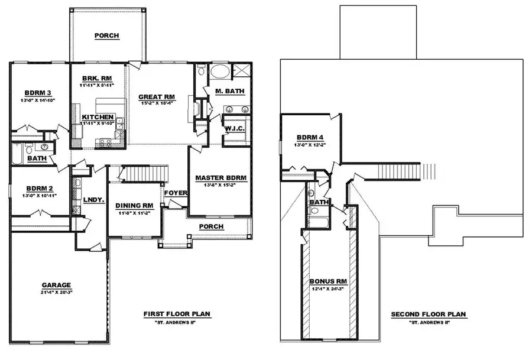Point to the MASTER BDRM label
point(220,177)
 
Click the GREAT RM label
point(157,96)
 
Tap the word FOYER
point(176,193)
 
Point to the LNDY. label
point(93,200)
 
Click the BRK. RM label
point(94,78)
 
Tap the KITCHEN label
point(98,117)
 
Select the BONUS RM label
point(327,281)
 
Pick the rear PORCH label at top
point(107,35)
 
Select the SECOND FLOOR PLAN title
point(428,314)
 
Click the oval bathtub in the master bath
point(222,72)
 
